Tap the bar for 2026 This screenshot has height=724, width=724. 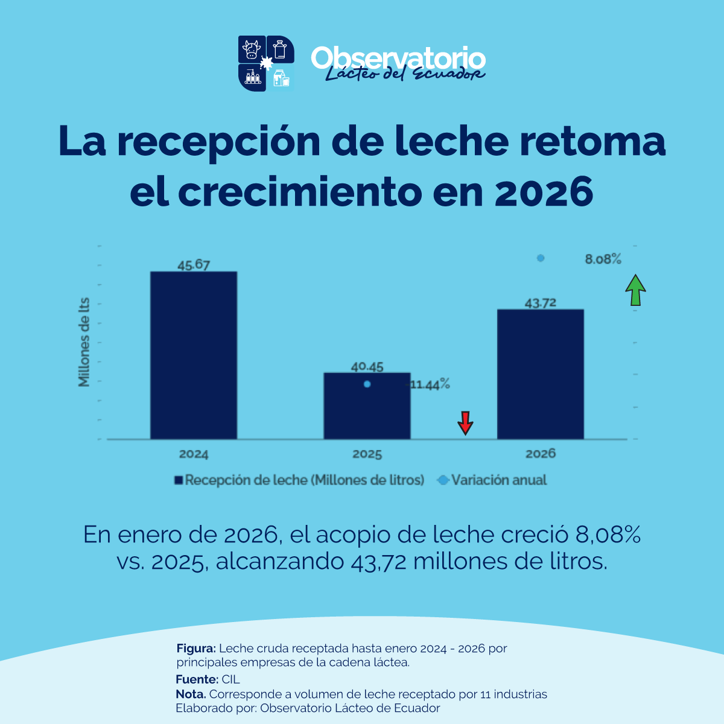click(540, 374)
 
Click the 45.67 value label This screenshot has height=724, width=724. click(193, 265)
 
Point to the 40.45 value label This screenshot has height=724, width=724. click(367, 366)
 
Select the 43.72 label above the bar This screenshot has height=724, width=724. click(540, 303)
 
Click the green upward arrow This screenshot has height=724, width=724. click(635, 290)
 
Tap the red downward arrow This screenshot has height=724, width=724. click(465, 423)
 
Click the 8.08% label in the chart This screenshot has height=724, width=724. click(603, 259)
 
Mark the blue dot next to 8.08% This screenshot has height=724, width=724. click(541, 258)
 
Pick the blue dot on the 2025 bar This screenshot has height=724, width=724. click(367, 384)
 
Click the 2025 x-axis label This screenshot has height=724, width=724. click(367, 454)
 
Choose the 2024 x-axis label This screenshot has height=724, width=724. click(193, 454)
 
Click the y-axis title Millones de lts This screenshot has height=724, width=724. click(84, 342)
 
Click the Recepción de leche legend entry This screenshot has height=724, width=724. click(299, 480)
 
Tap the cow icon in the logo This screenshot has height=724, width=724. click(252, 49)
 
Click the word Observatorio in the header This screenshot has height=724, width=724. click(398, 58)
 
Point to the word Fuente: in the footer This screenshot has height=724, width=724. click(197, 679)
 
